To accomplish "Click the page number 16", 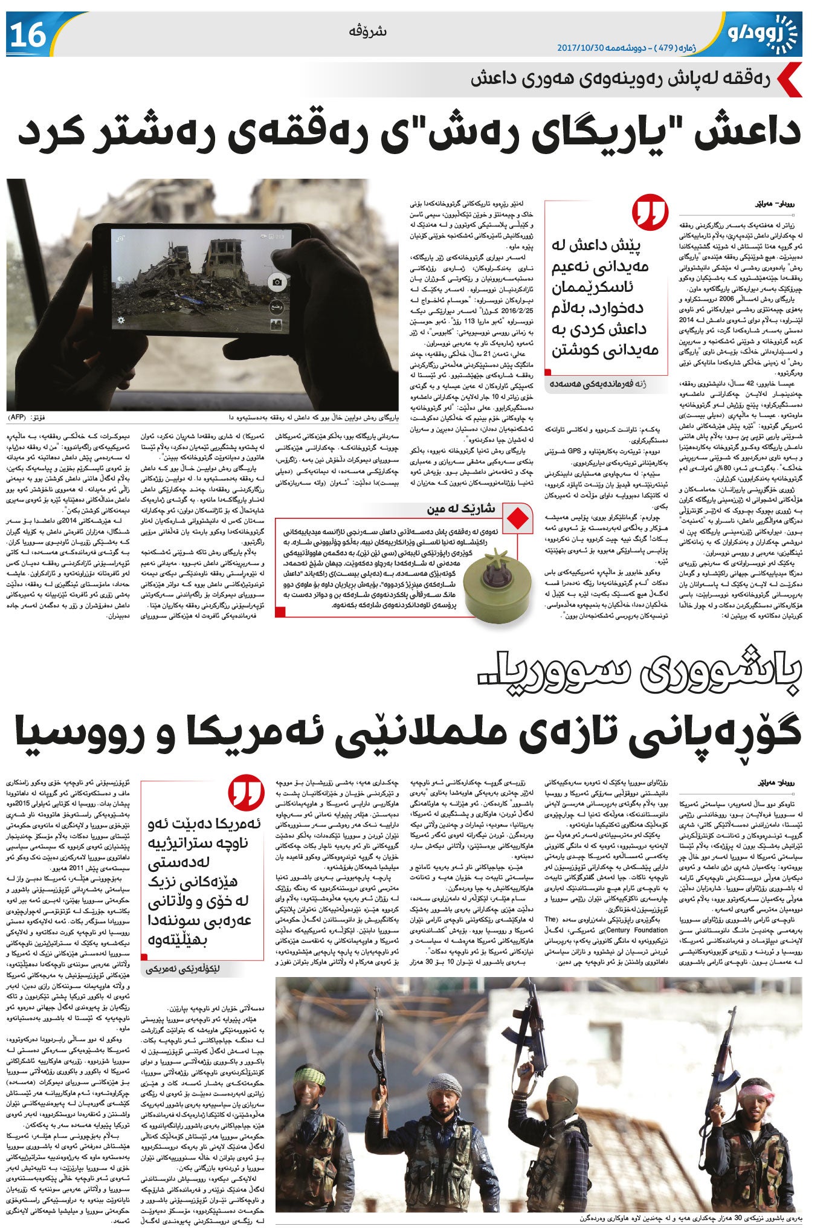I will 28,34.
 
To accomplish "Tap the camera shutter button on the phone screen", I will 277,282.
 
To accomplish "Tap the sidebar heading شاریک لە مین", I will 460,509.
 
